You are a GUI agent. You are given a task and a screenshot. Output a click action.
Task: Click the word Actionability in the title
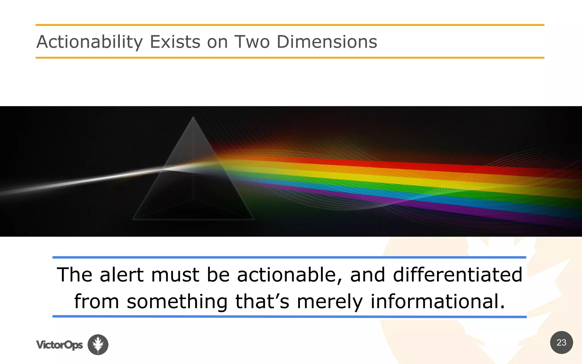pyautogui.click(x=90, y=42)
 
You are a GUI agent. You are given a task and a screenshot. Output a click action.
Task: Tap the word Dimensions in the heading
pyautogui.click(x=327, y=42)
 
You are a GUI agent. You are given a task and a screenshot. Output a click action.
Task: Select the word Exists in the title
pyautogui.click(x=175, y=42)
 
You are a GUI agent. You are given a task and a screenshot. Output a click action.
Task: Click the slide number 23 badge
pyautogui.click(x=561, y=342)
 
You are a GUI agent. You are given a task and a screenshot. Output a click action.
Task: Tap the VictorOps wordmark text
pyautogui.click(x=59, y=345)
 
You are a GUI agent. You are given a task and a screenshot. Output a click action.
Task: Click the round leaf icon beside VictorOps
pyautogui.click(x=98, y=344)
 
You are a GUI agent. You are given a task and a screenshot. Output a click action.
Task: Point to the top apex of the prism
pyautogui.click(x=193, y=117)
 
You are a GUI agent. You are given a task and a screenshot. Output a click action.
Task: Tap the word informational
pyautogui.click(x=438, y=301)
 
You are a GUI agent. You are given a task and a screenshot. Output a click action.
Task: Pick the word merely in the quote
pyautogui.click(x=330, y=301)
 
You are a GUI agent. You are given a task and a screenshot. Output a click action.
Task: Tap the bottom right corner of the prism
pyautogui.click(x=253, y=219)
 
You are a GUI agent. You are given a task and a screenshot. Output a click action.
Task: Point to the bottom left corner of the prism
pyautogui.click(x=133, y=219)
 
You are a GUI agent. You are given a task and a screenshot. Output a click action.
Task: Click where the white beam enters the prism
pyautogui.click(x=163, y=169)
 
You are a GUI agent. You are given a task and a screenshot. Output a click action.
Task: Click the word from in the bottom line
pyautogui.click(x=96, y=301)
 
